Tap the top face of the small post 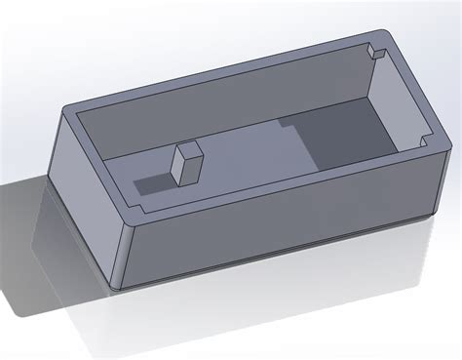tap(188, 150)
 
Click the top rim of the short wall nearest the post tap(97, 161)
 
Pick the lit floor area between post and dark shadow tap(244, 156)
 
